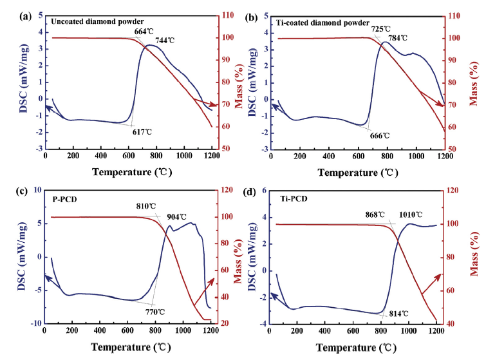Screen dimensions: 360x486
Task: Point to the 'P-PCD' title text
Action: click(65, 199)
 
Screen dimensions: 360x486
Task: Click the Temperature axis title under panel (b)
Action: click(352, 173)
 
